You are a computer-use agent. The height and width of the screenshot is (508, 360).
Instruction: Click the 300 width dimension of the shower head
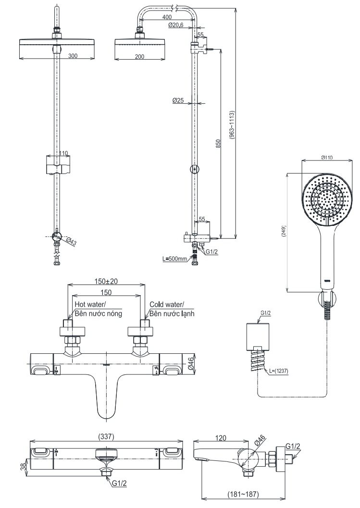pyautogui.click(x=73, y=56)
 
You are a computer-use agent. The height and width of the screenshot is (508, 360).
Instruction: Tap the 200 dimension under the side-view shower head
pyautogui.click(x=139, y=56)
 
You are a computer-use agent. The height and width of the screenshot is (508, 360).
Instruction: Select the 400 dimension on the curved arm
pyautogui.click(x=167, y=17)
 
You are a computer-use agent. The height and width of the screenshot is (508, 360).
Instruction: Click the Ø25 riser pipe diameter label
pyautogui.click(x=178, y=100)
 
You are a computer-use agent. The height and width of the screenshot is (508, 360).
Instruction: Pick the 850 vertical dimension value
pyautogui.click(x=218, y=144)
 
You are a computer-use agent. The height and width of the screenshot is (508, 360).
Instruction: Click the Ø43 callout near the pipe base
pyautogui.click(x=72, y=241)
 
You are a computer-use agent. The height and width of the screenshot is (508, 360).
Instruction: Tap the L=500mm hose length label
pyautogui.click(x=174, y=259)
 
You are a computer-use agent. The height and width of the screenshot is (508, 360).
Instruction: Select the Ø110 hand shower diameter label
pyautogui.click(x=327, y=157)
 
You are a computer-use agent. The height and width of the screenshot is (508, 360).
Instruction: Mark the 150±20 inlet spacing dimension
pyautogui.click(x=107, y=281)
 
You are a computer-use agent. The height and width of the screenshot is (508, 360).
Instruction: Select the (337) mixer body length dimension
pyautogui.click(x=106, y=436)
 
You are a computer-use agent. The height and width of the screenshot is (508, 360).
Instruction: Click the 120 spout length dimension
pyautogui.click(x=221, y=438)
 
